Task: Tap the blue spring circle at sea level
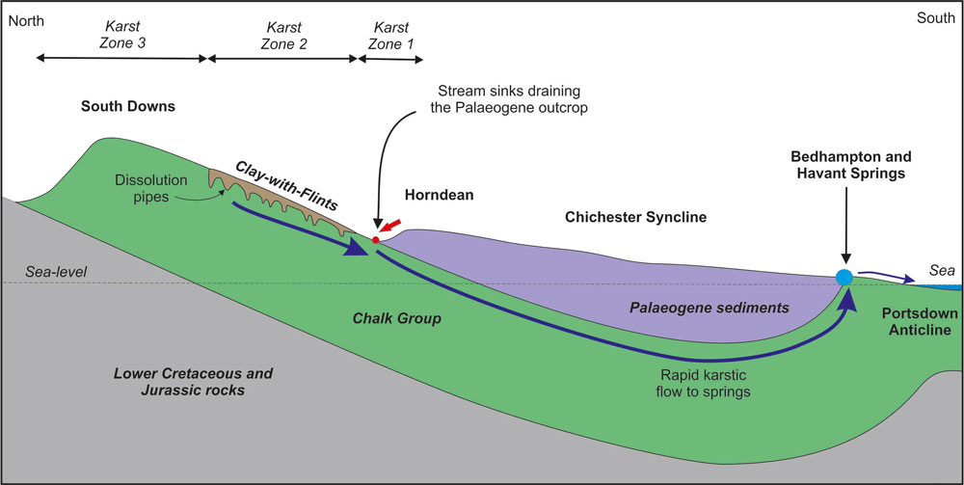pos(844,278)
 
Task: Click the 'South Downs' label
pos(127,106)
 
